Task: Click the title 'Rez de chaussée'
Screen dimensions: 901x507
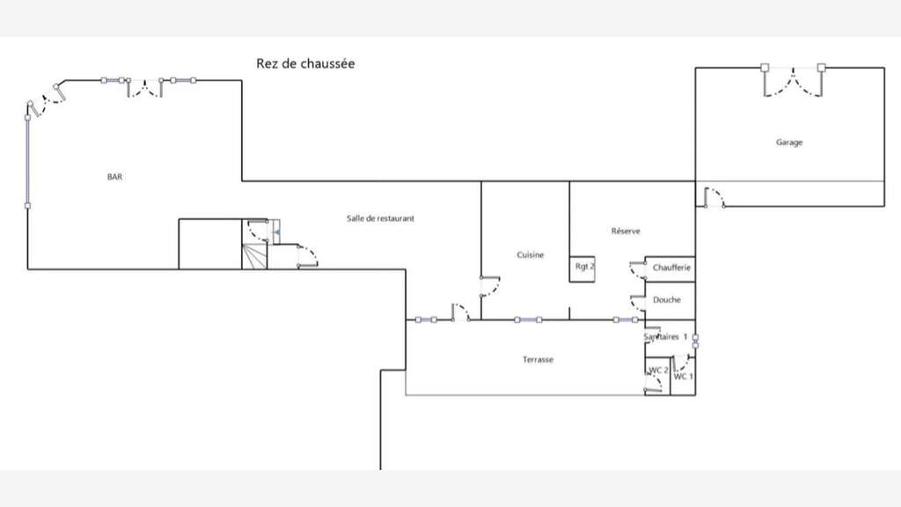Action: [x=305, y=63]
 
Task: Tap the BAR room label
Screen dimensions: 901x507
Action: [x=115, y=177]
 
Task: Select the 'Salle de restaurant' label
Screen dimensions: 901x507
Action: [x=380, y=218]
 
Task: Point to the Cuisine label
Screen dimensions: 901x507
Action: [x=530, y=254]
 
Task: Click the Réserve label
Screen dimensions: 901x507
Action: [x=626, y=231]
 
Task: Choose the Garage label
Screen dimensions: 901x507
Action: [x=789, y=143]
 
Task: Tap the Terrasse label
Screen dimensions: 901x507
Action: [x=538, y=360]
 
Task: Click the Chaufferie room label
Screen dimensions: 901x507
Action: [x=671, y=268]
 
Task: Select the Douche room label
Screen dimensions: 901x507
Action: [x=667, y=300]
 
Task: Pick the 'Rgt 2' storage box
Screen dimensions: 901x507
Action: [x=582, y=269]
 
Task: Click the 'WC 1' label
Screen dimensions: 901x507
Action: [x=683, y=377]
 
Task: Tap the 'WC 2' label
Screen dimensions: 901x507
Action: [x=658, y=371]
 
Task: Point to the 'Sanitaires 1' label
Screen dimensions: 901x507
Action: [x=665, y=337]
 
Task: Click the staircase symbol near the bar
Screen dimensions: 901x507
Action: [x=254, y=256]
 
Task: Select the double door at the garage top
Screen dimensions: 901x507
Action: [x=793, y=80]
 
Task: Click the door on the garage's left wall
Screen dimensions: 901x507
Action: [x=714, y=197]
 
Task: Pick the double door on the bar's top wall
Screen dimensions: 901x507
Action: [x=144, y=87]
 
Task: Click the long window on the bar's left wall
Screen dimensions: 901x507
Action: [x=27, y=162]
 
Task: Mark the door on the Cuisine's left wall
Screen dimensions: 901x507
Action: [x=490, y=286]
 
